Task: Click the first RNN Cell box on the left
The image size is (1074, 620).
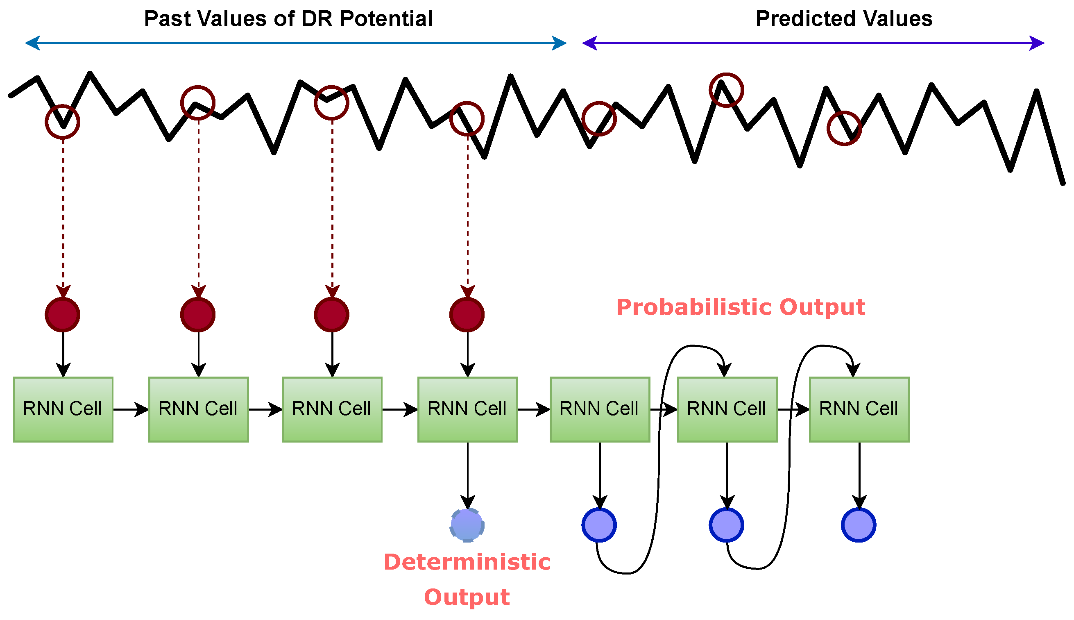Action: coord(63,409)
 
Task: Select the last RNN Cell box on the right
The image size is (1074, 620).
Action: coord(859,409)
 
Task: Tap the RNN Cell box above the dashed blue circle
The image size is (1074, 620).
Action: coord(467,409)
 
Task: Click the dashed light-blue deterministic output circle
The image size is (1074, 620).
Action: coord(467,525)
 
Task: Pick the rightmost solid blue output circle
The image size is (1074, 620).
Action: coord(858,525)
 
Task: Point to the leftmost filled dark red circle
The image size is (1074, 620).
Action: coord(63,315)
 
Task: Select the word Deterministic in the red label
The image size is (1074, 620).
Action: coord(467,562)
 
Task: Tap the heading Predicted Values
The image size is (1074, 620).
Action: coord(844,19)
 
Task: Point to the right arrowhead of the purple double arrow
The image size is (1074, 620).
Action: coord(1037,43)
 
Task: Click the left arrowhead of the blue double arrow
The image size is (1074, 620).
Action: coord(33,43)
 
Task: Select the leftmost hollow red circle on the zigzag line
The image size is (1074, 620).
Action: coord(63,122)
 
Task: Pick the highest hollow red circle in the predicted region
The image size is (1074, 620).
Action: coord(726,90)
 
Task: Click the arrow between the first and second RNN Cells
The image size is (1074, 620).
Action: coord(131,409)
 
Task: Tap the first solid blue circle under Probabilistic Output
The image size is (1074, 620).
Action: coord(599,525)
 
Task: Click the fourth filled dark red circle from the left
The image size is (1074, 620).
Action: coord(467,315)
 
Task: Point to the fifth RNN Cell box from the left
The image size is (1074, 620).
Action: coord(600,409)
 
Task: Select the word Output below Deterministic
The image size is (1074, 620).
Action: coord(467,597)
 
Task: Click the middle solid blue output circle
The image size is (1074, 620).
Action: coord(726,525)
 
